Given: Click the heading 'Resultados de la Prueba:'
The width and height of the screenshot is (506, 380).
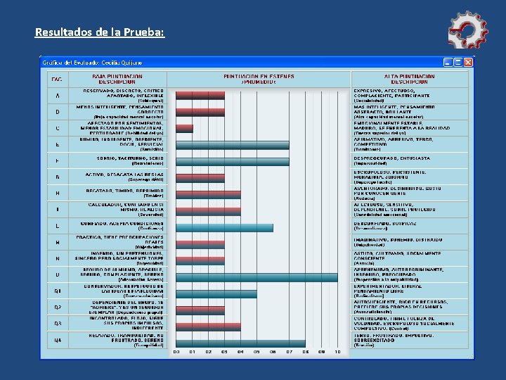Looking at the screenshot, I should tap(99, 32).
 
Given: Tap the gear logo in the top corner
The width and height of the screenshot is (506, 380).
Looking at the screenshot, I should tap(467, 30).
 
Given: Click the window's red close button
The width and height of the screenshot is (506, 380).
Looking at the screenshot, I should tap(469, 62).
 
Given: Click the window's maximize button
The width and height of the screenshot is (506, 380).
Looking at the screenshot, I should tap(458, 62).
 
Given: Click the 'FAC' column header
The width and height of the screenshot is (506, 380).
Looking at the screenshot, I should tap(57, 78).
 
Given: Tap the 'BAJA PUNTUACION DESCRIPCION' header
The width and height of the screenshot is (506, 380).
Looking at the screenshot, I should tap(117, 78).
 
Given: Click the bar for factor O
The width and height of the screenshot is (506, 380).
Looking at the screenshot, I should tap(256, 277).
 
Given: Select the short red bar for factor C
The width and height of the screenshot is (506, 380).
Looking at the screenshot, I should tap(184, 129).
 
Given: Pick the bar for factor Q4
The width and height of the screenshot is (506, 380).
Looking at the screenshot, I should tap(240, 343).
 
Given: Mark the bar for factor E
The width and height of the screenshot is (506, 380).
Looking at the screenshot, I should tap(232, 145).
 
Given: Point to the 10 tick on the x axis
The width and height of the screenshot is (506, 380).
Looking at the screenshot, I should tap(337, 351).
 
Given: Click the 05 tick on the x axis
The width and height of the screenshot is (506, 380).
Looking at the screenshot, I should tap(257, 351).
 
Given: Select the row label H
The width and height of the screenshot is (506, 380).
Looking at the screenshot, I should tap(57, 192).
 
